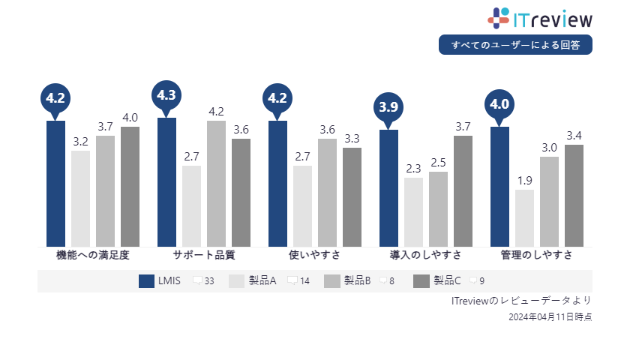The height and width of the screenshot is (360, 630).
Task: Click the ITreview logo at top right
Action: point(540,18)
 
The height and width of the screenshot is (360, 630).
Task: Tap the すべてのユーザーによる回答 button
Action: point(515,45)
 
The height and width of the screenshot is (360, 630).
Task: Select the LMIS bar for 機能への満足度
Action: point(55,183)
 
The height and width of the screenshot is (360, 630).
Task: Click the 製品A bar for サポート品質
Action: point(191,205)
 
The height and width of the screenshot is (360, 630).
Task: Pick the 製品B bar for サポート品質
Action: point(216,183)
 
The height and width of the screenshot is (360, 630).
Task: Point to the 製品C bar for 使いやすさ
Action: point(352,196)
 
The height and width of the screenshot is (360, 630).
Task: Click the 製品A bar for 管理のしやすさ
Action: point(524,217)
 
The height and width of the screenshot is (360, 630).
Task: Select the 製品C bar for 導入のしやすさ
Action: point(463,190)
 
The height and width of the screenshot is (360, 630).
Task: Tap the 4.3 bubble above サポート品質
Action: point(166,95)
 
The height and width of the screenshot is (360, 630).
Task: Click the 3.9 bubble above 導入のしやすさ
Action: point(388,107)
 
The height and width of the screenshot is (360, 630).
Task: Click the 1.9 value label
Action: point(524,180)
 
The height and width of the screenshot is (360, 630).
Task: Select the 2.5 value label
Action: point(438,162)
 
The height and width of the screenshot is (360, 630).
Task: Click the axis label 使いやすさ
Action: point(314,255)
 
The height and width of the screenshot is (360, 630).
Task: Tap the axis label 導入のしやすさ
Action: point(425,255)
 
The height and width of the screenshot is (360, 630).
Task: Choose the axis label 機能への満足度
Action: point(93,255)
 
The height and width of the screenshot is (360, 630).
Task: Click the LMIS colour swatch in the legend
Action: point(146,281)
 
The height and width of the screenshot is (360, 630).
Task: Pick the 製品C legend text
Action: point(447,281)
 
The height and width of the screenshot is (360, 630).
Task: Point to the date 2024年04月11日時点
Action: point(550,317)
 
